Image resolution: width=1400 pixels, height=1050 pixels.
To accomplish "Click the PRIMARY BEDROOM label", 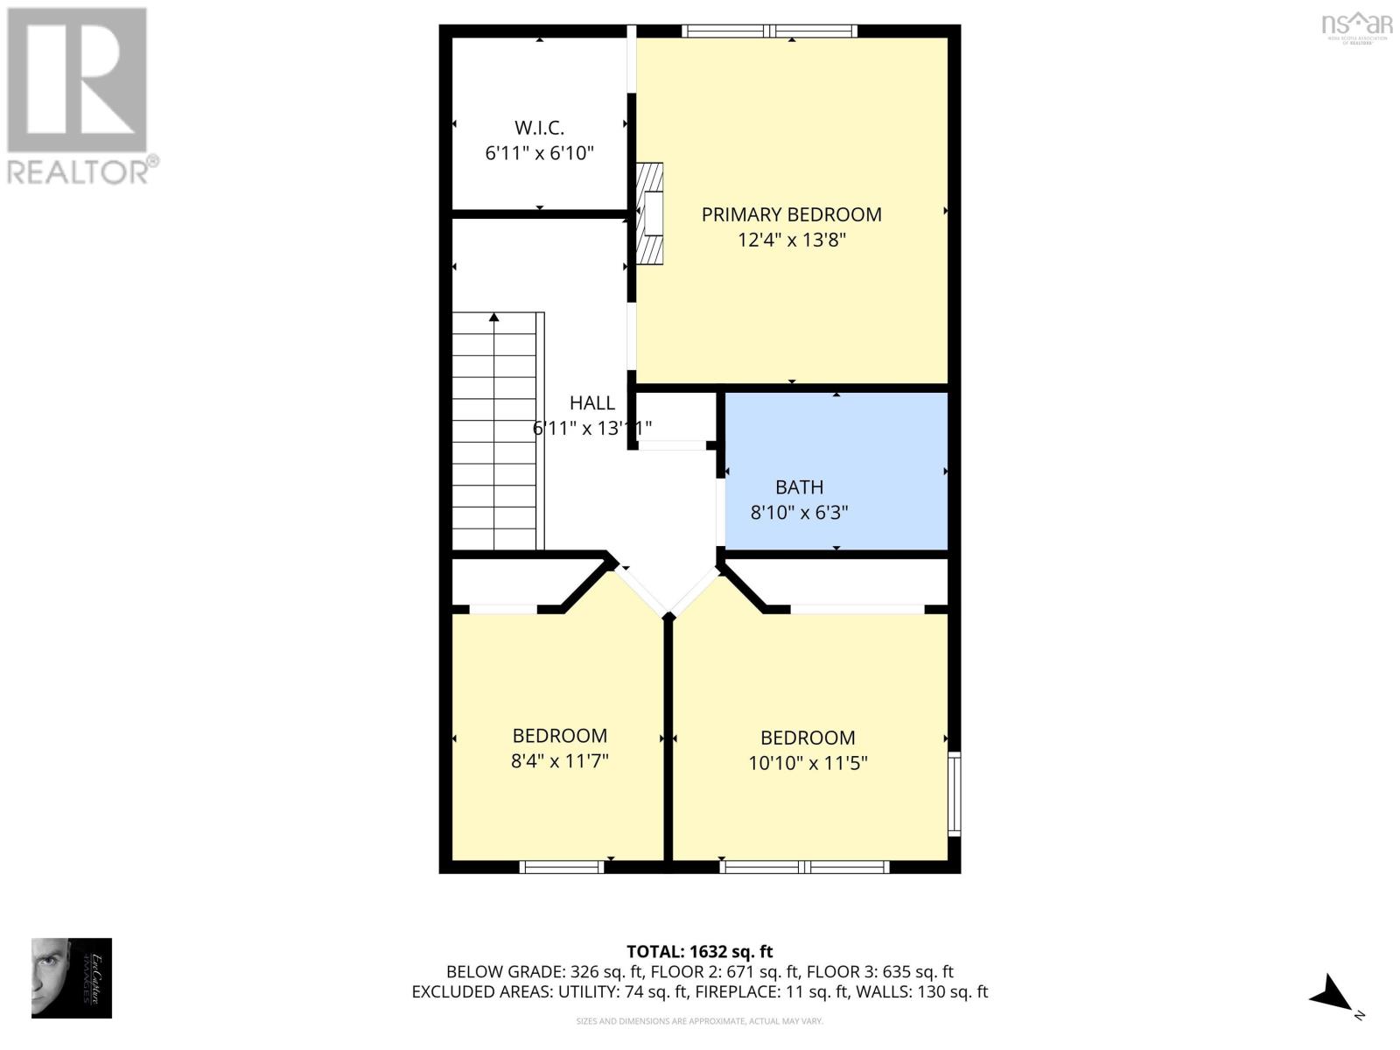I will click(791, 214).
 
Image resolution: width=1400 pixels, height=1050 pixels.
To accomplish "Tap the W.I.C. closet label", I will click(539, 128).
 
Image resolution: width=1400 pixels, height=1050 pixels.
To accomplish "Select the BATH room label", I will click(799, 487).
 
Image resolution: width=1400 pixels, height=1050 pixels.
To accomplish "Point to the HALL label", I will click(592, 403).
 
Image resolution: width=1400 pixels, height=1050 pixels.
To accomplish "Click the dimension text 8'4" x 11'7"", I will click(560, 761).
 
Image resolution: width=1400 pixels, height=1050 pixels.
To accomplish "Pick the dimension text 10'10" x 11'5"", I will click(808, 763).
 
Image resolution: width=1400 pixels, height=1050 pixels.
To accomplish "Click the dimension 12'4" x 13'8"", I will click(791, 240).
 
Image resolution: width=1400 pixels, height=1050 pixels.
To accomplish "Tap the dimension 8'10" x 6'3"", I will click(799, 513).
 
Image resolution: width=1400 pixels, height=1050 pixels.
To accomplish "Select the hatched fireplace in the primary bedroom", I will click(649, 213).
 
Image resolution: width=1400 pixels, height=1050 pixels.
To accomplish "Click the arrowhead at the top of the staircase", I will click(494, 318).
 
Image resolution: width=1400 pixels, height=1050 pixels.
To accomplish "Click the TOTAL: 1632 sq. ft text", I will click(699, 951).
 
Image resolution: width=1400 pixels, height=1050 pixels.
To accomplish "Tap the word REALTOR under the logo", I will click(79, 171).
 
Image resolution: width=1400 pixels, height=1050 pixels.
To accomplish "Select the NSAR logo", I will click(1356, 25).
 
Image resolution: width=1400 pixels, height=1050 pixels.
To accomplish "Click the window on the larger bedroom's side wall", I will click(955, 793).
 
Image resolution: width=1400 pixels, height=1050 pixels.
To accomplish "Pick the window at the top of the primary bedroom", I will click(769, 31).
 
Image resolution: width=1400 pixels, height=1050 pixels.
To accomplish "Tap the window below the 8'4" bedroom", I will click(562, 867).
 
